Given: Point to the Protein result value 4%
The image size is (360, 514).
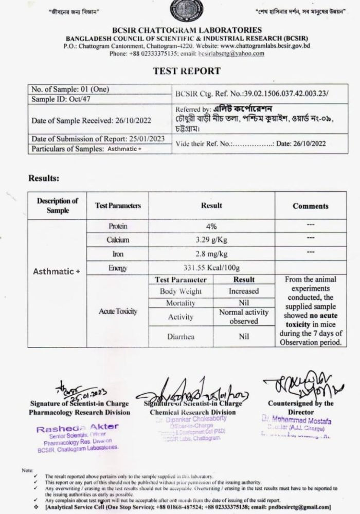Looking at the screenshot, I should (x=211, y=226).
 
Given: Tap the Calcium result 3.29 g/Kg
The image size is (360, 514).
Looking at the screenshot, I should (x=211, y=240).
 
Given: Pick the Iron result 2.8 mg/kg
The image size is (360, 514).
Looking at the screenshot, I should (x=211, y=254).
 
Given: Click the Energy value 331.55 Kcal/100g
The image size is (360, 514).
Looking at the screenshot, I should (x=211, y=268).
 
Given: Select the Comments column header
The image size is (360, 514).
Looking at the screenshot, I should (x=310, y=206).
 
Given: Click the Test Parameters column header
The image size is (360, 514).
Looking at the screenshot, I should (x=118, y=206).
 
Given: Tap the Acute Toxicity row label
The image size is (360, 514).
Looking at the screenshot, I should (x=118, y=311).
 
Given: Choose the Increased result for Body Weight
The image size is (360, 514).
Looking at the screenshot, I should (x=244, y=291).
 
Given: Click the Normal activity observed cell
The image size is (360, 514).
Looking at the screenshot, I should (x=244, y=317).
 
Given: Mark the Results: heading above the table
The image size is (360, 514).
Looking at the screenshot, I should (x=44, y=178).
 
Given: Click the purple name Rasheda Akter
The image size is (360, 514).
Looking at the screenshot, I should (x=77, y=427).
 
